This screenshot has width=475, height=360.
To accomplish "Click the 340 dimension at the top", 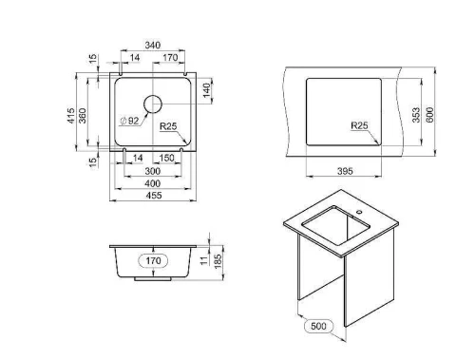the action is (153, 45).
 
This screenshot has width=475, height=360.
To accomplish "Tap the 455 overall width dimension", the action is (154, 196).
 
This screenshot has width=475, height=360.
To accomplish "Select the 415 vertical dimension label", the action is (72, 116).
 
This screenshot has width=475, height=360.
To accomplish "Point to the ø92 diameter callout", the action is (129, 121).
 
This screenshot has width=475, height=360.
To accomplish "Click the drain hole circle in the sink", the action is (153, 104).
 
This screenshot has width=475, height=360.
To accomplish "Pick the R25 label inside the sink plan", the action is (168, 126).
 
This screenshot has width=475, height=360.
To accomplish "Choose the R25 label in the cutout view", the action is (359, 125).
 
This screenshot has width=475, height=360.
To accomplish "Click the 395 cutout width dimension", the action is (345, 171).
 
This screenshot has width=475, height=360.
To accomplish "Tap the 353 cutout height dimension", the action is (416, 115).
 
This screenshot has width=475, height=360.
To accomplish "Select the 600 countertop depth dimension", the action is (430, 115).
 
